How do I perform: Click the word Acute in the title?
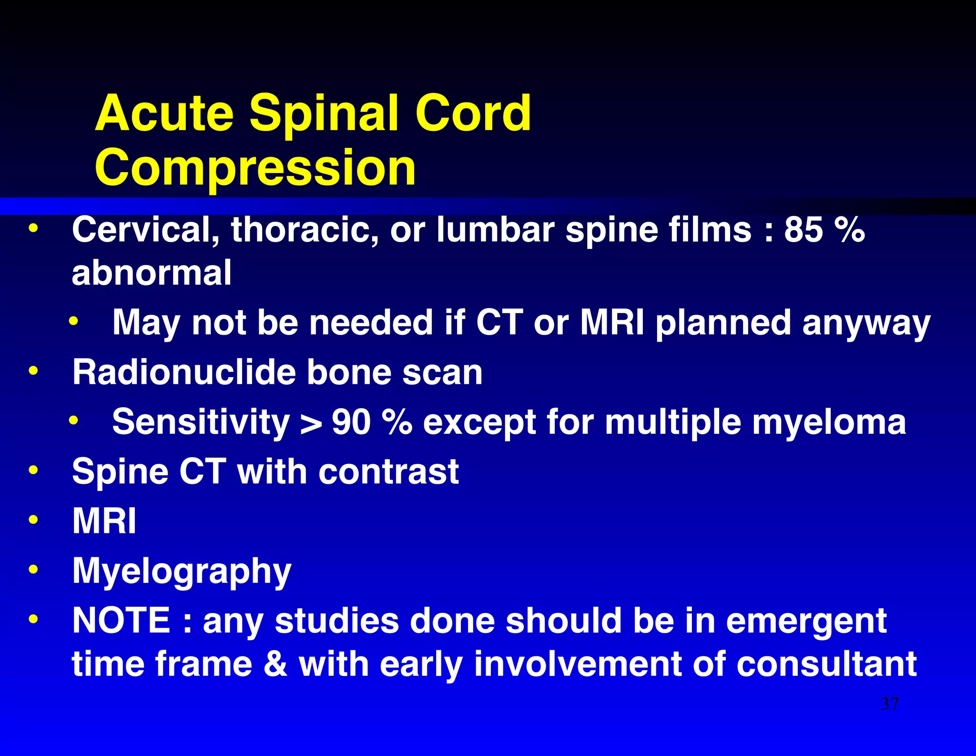[x=164, y=113]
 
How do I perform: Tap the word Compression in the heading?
[x=255, y=168]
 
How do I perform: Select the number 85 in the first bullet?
[x=803, y=230]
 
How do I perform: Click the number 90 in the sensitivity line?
[x=351, y=422]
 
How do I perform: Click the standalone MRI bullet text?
[x=104, y=521]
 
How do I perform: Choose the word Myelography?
[x=182, y=571]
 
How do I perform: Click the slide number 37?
[x=890, y=704]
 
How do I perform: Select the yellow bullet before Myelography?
[x=33, y=569]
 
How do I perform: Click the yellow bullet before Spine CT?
[x=33, y=470]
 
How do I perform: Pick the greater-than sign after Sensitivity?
[x=311, y=423]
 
